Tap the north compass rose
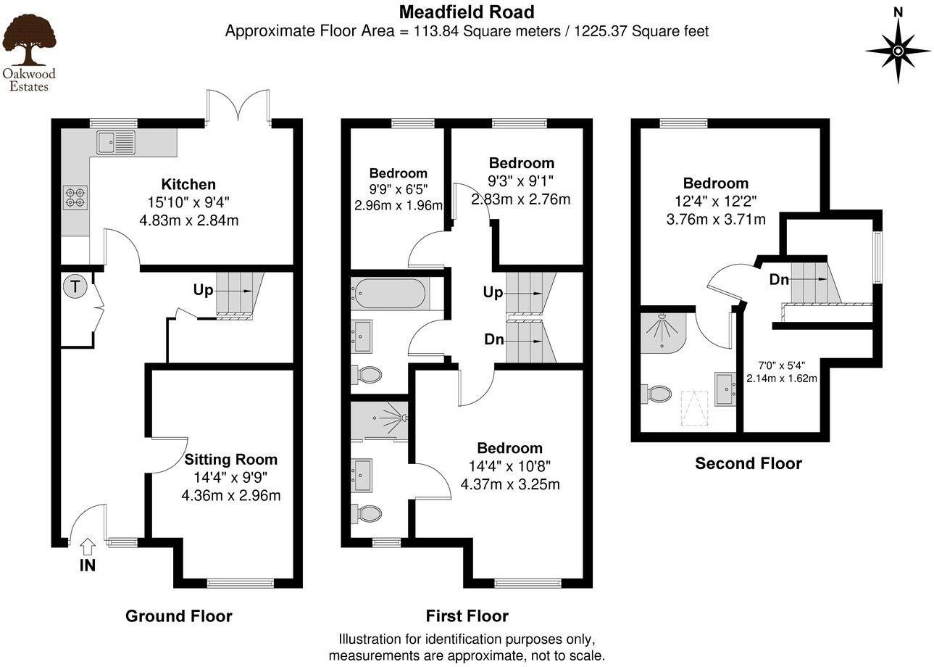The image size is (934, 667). tap(898, 50)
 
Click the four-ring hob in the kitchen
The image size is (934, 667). tap(75, 197)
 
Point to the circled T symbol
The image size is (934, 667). tap(75, 286)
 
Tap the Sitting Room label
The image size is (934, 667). tap(230, 459)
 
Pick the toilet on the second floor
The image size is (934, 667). tap(658, 394)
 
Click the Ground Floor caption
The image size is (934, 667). tap(179, 616)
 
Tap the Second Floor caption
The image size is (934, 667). tap(749, 463)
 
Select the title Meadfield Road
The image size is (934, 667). tap(467, 12)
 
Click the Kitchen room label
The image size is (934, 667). tap(188, 184)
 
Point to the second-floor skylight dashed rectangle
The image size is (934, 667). tap(693, 408)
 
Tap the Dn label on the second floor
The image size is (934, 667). tap(779, 279)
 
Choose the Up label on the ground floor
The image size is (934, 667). tap(204, 290)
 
